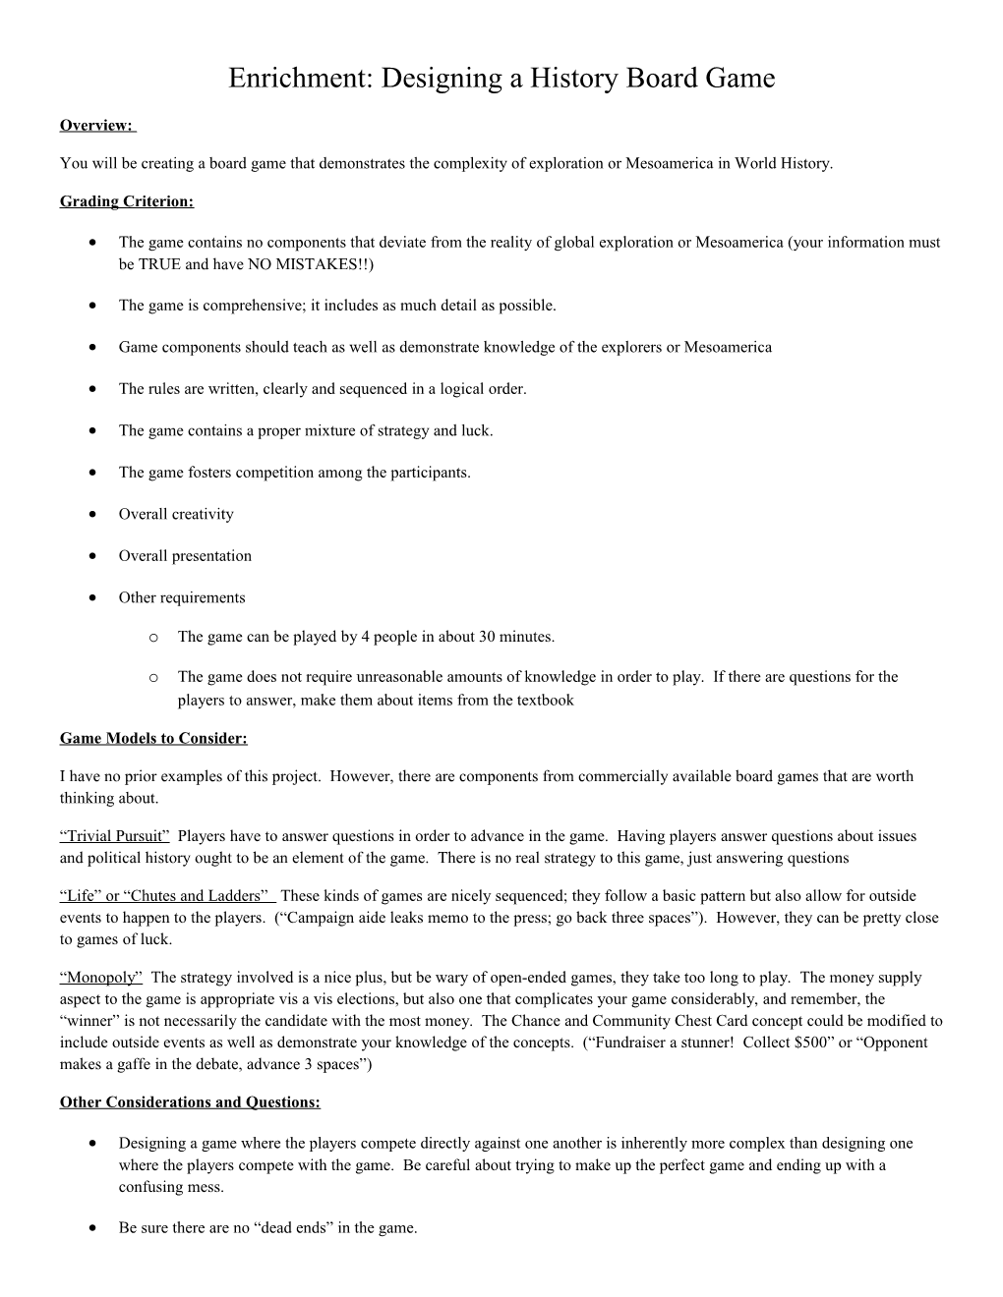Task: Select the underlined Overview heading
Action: point(95,125)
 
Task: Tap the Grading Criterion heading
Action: point(127,201)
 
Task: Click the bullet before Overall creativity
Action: point(91,514)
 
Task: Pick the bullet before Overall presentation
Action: point(91,556)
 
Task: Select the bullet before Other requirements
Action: point(91,597)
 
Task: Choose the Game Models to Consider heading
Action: point(153,738)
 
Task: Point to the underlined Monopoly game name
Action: point(101,978)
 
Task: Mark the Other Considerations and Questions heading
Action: point(190,1102)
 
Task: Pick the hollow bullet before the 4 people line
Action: point(153,638)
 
